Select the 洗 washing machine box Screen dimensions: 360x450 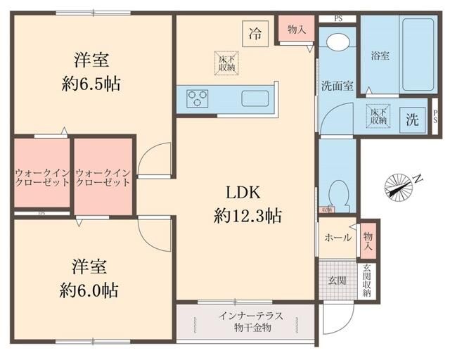tap(412, 120)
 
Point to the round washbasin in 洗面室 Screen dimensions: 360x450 tap(336, 43)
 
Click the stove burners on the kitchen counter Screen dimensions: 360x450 tap(198, 98)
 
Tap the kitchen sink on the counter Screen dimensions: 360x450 tap(254, 98)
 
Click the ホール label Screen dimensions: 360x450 tap(337, 238)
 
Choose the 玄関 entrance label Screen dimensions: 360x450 tap(337, 281)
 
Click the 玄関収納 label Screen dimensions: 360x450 tap(367, 281)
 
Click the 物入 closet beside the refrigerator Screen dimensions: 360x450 tap(296, 30)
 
